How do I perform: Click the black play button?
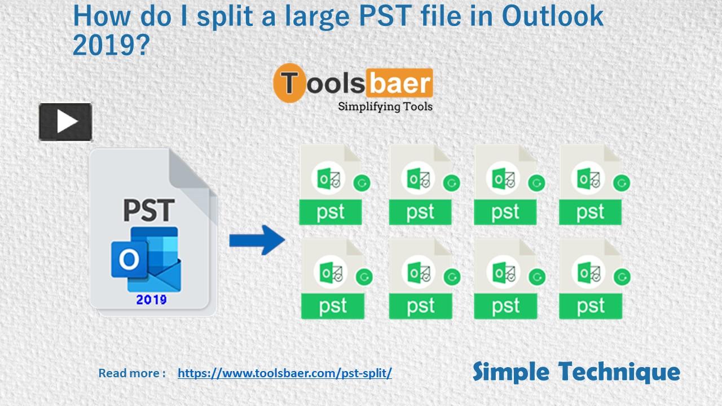pyautogui.click(x=65, y=122)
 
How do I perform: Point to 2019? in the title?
pyautogui.click(x=109, y=45)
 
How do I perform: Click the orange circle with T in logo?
pyautogui.click(x=289, y=83)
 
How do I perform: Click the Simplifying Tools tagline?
pyautogui.click(x=385, y=106)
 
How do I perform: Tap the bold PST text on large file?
pyautogui.click(x=148, y=210)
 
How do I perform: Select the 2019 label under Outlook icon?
pyautogui.click(x=151, y=299)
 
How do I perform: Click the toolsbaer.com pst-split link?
pyautogui.click(x=284, y=373)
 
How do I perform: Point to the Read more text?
pyautogui.click(x=132, y=373)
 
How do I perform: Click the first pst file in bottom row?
pyautogui.click(x=332, y=279)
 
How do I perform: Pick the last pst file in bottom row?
pyautogui.click(x=591, y=279)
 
